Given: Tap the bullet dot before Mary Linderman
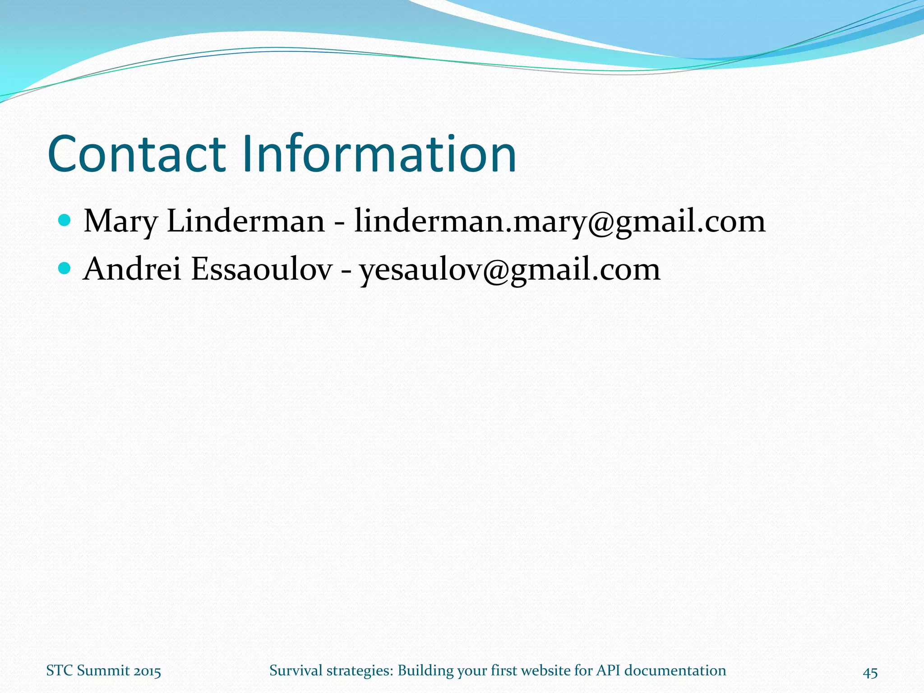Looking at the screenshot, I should (65, 221).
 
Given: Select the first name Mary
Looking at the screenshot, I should (120, 222).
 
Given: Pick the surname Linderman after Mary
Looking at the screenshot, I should (245, 222).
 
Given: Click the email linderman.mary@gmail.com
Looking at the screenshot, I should (559, 222).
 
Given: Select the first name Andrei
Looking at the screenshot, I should (132, 269).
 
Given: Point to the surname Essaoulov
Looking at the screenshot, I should (262, 269).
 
